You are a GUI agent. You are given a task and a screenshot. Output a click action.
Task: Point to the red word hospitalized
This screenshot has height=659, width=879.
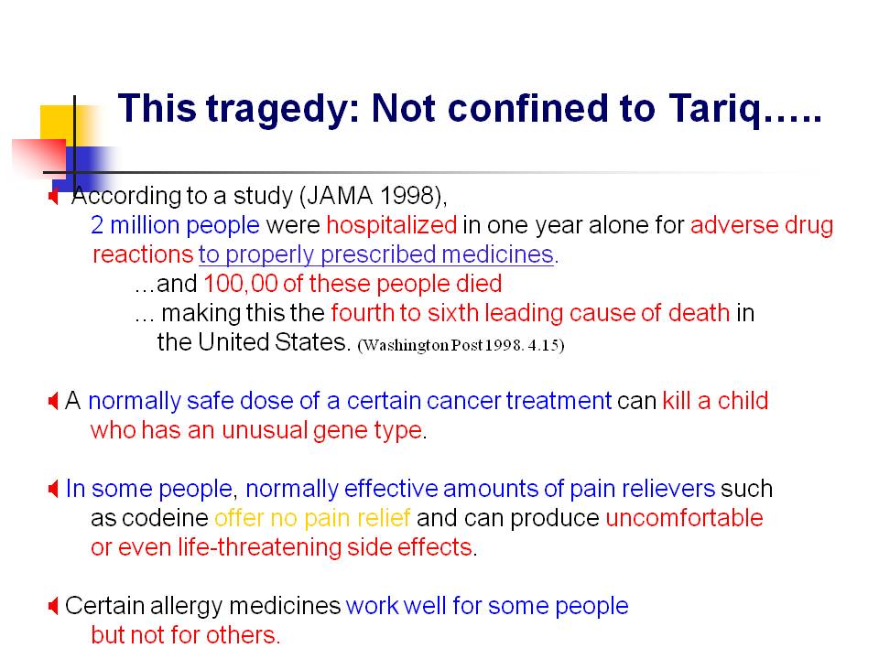pyautogui.click(x=391, y=225)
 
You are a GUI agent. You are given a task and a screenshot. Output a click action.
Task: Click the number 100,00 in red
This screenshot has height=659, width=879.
pyautogui.click(x=241, y=284)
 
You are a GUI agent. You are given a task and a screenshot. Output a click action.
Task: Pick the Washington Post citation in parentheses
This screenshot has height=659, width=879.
pyautogui.click(x=461, y=345)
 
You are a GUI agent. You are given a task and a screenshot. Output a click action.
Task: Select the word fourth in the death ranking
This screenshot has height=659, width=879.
pyautogui.click(x=363, y=313)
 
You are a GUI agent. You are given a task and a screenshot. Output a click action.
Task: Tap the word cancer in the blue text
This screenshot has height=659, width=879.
pyautogui.click(x=463, y=401)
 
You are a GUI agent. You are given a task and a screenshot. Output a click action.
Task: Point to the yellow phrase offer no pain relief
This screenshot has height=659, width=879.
pyautogui.click(x=312, y=518)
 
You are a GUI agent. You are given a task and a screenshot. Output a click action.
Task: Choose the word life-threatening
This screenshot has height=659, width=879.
pyautogui.click(x=259, y=547)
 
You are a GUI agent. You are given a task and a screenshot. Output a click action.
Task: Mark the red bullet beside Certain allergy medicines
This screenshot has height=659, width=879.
pyautogui.click(x=53, y=606)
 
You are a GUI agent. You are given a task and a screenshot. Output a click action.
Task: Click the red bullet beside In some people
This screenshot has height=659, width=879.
pyautogui.click(x=53, y=489)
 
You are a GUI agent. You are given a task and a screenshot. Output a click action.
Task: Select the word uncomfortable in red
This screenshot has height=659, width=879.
pyautogui.click(x=684, y=518)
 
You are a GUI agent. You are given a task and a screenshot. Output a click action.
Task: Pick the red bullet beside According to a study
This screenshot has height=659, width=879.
pyautogui.click(x=53, y=196)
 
